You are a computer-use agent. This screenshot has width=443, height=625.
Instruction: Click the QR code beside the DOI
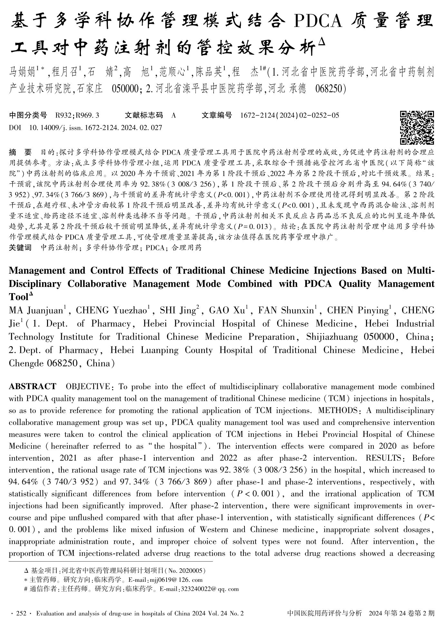417,128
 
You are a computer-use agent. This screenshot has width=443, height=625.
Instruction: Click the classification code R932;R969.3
77,115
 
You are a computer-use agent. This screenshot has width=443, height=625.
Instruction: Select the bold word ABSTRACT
32,387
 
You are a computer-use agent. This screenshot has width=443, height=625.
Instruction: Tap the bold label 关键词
20,248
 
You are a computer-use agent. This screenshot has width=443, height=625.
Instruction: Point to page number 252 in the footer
21,614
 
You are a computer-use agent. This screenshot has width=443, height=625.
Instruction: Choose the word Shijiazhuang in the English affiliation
332,337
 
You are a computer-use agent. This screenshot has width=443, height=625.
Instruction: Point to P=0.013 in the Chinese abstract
255,226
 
